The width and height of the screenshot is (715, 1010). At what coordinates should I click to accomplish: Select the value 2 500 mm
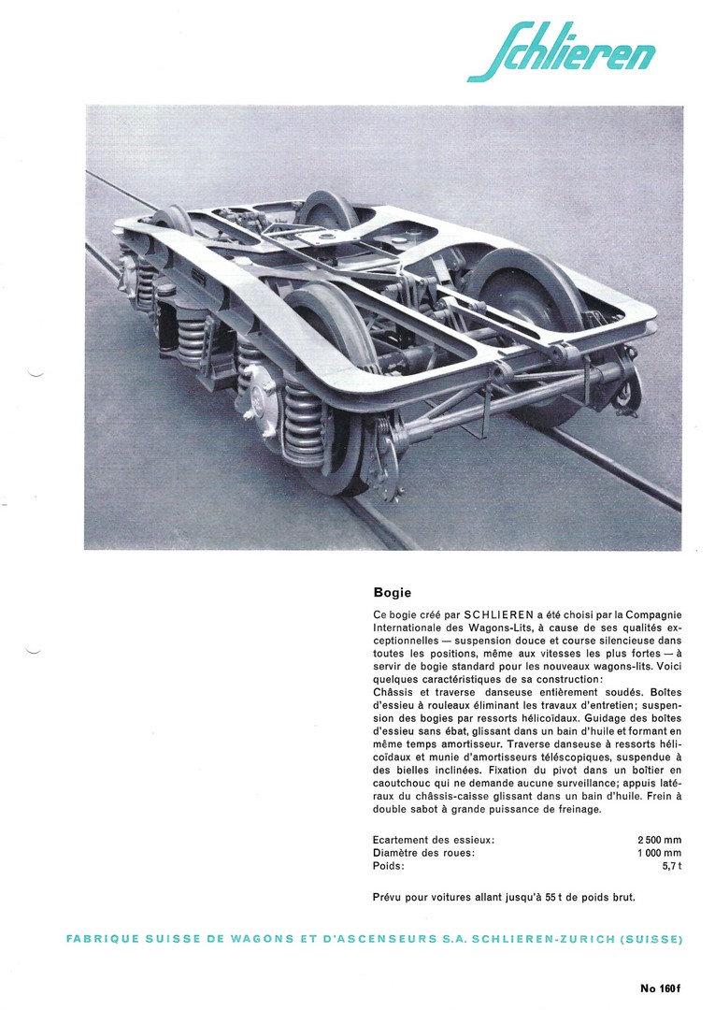pos(659,840)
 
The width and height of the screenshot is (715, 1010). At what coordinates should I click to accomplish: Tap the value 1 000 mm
pos(659,853)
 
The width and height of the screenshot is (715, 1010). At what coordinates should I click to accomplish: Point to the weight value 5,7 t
pos(671,866)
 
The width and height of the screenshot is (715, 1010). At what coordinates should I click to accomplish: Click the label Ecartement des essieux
pos(433,840)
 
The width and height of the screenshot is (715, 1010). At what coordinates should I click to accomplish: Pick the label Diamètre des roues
pos(423,853)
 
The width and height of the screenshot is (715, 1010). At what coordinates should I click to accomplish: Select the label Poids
pos(389,866)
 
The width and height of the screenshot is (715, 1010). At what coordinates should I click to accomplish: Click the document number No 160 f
pos(661,988)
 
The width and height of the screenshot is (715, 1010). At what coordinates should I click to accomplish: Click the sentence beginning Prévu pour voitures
pos(504,898)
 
